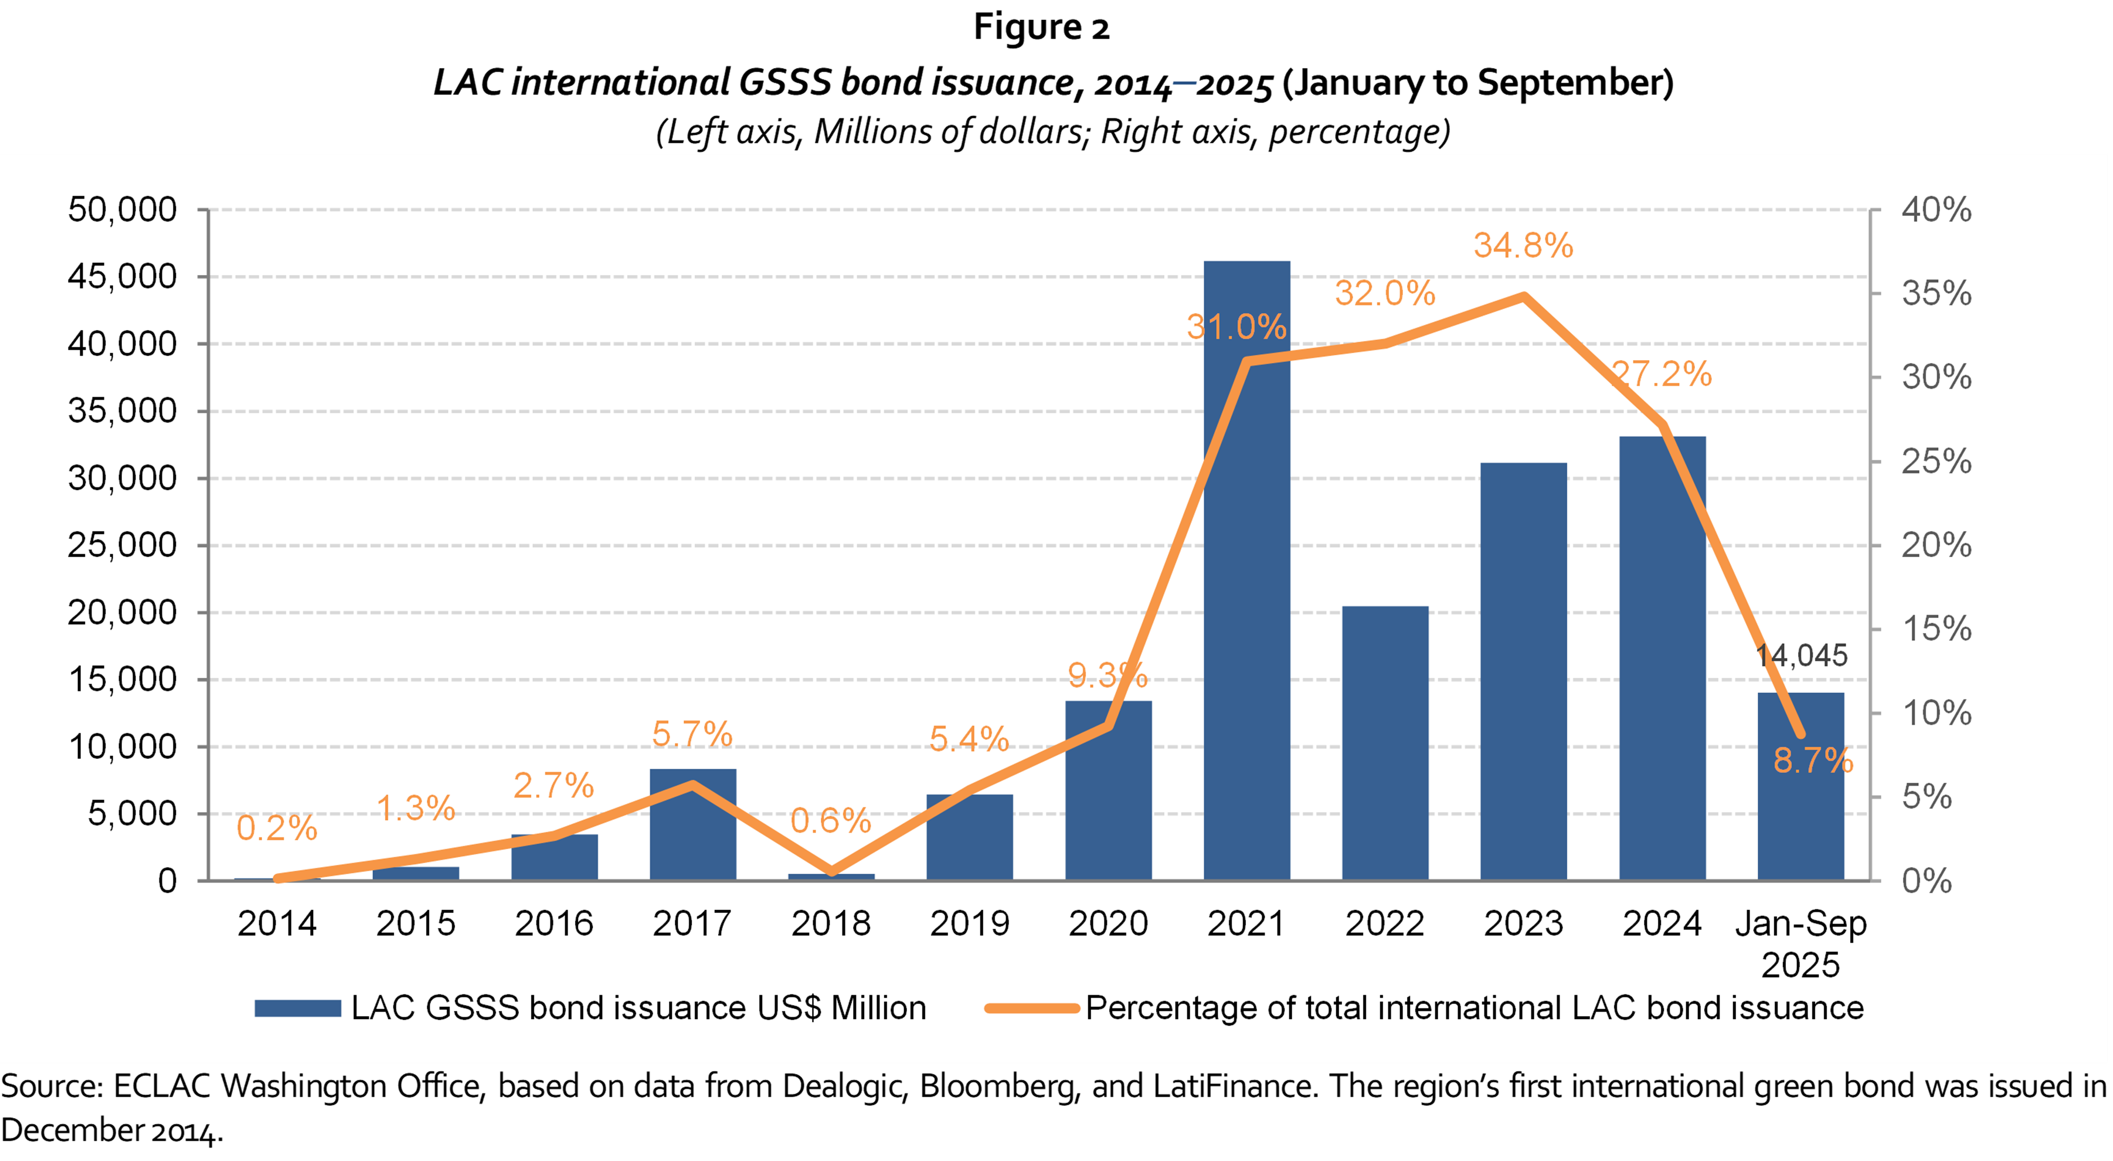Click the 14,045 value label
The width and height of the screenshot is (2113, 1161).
tap(1801, 655)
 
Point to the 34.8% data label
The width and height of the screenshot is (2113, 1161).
tap(1523, 245)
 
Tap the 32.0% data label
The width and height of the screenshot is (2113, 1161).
tap(1385, 293)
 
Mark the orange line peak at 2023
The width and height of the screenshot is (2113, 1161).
tap(1523, 296)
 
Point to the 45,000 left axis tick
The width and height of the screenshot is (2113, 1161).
tap(122, 277)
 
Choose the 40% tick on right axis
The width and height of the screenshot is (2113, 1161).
tap(1936, 210)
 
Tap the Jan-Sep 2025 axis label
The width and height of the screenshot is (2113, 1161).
tap(1801, 943)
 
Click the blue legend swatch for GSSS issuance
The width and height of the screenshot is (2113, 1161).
tap(297, 1009)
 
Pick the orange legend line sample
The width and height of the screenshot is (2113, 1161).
tap(1031, 1009)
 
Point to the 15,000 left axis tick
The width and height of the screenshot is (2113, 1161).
tap(122, 680)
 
